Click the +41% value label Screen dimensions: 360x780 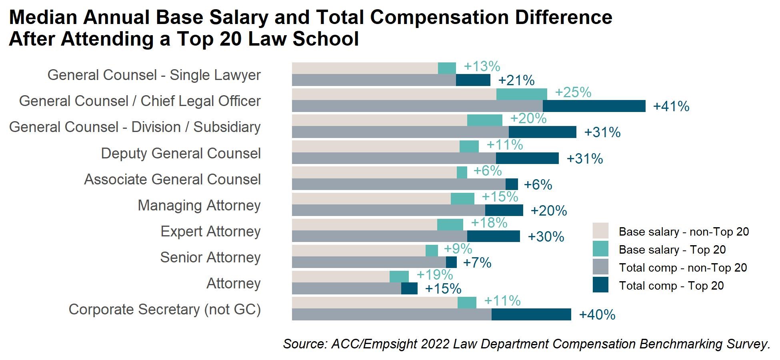(x=671, y=106)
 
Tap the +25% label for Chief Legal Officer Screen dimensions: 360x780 (x=573, y=92)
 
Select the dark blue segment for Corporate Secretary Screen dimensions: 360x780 (x=531, y=314)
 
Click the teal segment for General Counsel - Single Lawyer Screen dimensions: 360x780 (x=446, y=68)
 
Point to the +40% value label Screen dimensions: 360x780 (x=597, y=315)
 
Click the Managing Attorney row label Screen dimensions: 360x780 (x=199, y=206)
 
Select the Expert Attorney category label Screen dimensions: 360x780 (x=210, y=232)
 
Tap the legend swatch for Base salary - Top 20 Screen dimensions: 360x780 (x=600, y=249)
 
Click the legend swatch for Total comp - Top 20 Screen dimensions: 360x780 (x=600, y=285)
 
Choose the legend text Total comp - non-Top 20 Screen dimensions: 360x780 (x=682, y=268)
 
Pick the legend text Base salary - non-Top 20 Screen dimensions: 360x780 (x=683, y=232)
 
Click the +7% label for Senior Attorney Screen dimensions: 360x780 (x=477, y=263)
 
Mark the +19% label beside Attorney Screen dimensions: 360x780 (x=434, y=275)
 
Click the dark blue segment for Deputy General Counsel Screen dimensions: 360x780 (x=527, y=158)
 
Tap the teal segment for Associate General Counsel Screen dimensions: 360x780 (x=462, y=172)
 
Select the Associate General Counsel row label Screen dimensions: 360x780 (x=172, y=180)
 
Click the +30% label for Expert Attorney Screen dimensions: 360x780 (x=546, y=237)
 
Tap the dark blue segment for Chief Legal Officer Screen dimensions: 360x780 (x=594, y=106)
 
